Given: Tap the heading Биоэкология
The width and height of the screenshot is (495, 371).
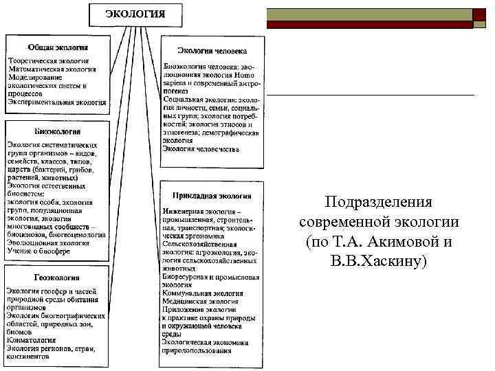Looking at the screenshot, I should (57, 131).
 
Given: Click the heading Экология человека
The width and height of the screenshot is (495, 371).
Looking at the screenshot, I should (212, 51).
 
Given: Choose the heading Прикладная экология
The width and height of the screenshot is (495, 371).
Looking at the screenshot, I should (212, 196).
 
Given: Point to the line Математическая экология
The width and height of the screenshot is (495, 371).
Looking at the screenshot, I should (53, 69).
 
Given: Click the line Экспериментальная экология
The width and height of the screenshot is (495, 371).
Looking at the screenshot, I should (57, 102).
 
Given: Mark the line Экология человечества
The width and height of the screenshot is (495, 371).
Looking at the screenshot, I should (201, 148).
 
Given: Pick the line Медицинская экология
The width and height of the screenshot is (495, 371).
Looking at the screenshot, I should (200, 301).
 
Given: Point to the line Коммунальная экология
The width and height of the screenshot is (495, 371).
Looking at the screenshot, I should (201, 293).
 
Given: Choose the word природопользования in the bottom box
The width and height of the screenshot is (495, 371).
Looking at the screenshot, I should (197, 351).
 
